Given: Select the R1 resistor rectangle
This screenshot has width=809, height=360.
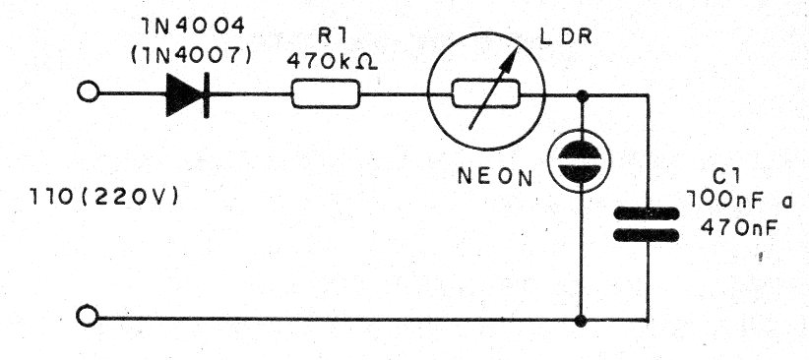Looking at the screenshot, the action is [x=327, y=95].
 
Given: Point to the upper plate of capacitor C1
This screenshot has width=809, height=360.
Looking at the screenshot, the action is [x=648, y=210].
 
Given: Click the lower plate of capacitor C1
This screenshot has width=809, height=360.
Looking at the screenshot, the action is [x=648, y=235].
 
